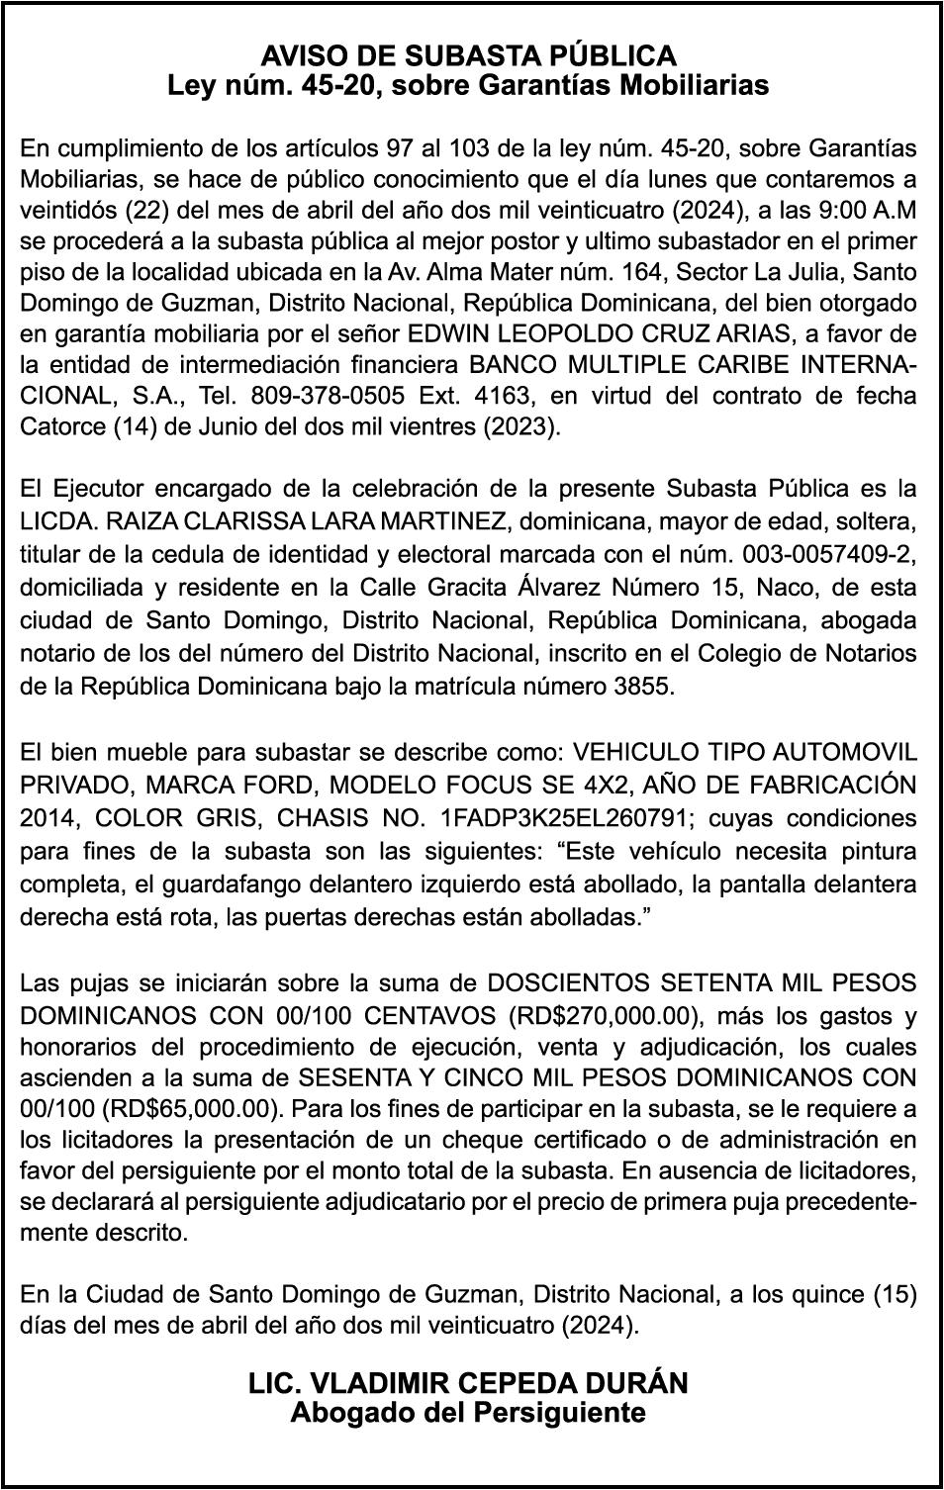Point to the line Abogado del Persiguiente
468,1412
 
